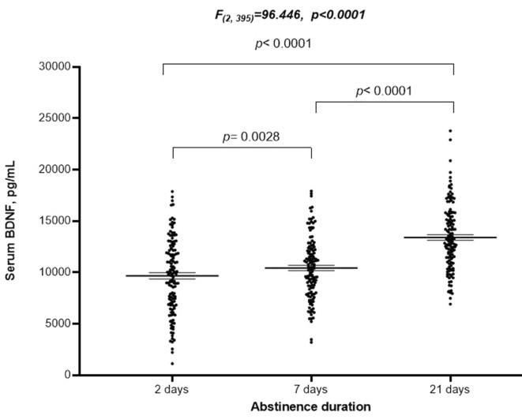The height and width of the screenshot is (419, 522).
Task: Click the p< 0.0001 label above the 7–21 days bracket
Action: [385, 91]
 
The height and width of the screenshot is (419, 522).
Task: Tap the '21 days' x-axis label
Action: [453, 391]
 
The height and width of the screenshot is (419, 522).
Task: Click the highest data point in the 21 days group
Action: [451, 131]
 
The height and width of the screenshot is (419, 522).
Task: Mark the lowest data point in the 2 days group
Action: [172, 364]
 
